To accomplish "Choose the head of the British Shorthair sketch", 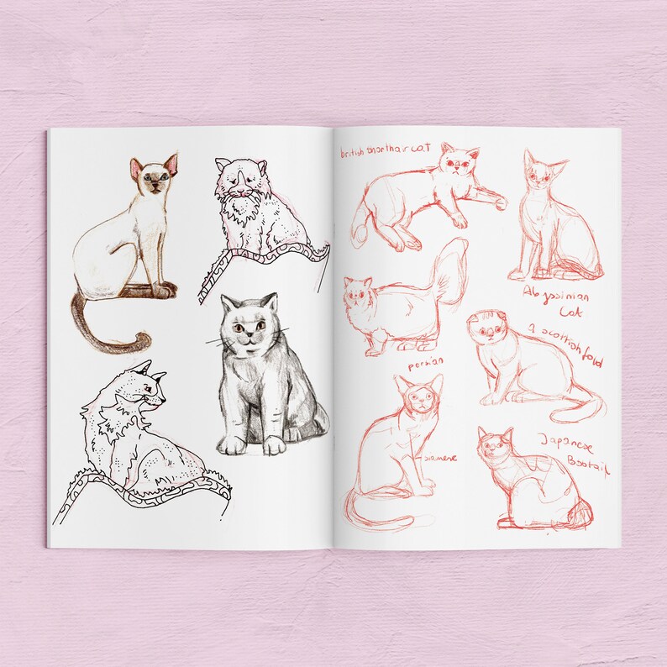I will pos(459,160).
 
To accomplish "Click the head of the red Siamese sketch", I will pos(420,396).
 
